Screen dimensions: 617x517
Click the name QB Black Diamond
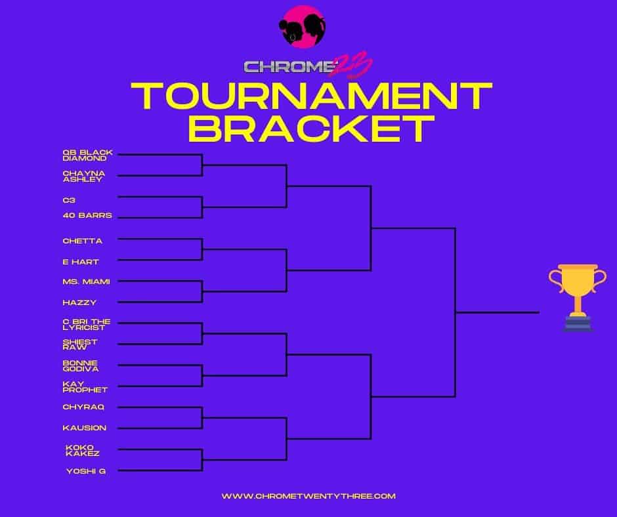(x=88, y=155)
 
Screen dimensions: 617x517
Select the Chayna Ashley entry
(x=84, y=176)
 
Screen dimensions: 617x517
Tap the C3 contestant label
(x=69, y=200)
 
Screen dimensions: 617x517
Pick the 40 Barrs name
(x=87, y=215)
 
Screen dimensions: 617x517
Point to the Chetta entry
(x=82, y=241)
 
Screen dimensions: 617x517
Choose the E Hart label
(x=81, y=262)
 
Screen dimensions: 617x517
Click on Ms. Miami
(x=86, y=281)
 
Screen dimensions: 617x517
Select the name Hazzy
(x=79, y=302)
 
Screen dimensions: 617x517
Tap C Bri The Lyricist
(x=87, y=324)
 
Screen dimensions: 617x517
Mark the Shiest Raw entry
(x=80, y=344)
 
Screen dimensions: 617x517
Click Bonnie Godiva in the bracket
(x=81, y=366)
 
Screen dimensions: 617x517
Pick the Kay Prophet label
(x=85, y=387)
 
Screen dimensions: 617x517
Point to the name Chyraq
(x=83, y=407)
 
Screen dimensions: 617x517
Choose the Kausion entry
(x=85, y=428)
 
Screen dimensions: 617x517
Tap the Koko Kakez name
(x=83, y=450)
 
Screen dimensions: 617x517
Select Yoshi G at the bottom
(x=86, y=471)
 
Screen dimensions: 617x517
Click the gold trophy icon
(x=578, y=297)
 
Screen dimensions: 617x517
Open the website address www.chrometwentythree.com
(x=308, y=496)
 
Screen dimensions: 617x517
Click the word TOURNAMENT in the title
(x=311, y=96)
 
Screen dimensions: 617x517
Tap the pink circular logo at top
(x=302, y=27)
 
